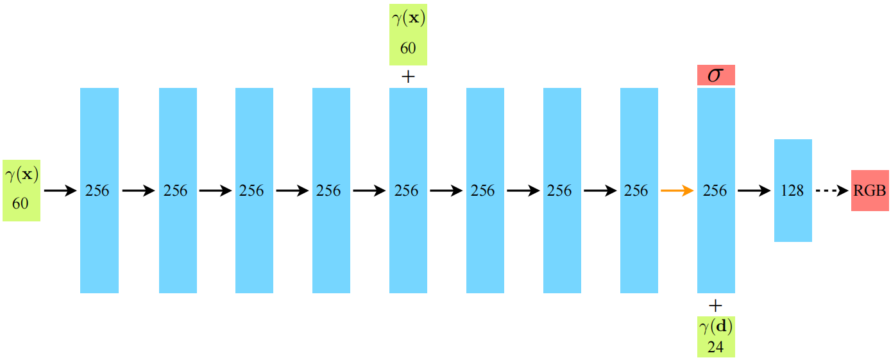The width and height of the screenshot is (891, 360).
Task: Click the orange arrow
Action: pos(677,191)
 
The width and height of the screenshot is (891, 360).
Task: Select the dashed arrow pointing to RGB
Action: pos(831,191)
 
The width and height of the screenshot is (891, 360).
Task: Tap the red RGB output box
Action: pos(870,191)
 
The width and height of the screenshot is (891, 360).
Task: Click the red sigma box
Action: pos(715,75)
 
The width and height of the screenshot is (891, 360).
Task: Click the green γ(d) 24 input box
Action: pos(716,336)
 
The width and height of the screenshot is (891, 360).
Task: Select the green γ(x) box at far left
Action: pos(21,191)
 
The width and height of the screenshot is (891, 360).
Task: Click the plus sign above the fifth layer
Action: pos(408,77)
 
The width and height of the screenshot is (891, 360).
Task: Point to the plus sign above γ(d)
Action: pos(716,305)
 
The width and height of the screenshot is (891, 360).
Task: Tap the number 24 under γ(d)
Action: pos(716,347)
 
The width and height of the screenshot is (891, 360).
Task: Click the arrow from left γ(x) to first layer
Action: pos(60,191)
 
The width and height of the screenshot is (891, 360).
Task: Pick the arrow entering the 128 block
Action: pos(754,191)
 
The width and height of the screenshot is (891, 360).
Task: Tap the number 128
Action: pos(793,191)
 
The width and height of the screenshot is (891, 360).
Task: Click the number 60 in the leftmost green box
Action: pos(21,203)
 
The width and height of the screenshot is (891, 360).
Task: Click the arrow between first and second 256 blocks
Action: pos(139,191)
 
